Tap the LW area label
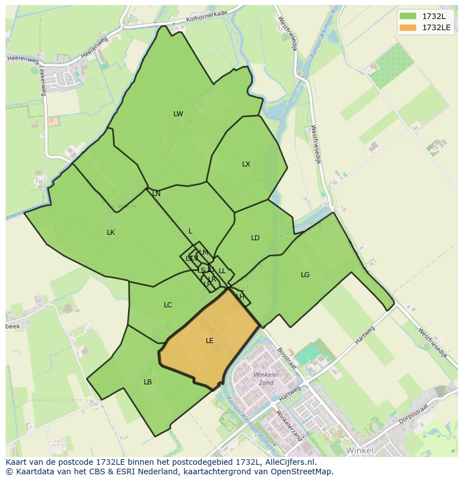coord(178,114)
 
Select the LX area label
coord(246,164)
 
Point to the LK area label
coord(111,232)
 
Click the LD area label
coord(255,238)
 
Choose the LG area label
coord(305,275)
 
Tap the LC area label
coord(168,305)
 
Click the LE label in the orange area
coord(210,341)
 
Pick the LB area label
coord(148,382)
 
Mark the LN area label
coord(156,194)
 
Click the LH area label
coord(240,297)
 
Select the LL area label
coord(222,271)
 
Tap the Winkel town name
coord(359,450)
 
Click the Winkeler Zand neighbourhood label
coord(266,379)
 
